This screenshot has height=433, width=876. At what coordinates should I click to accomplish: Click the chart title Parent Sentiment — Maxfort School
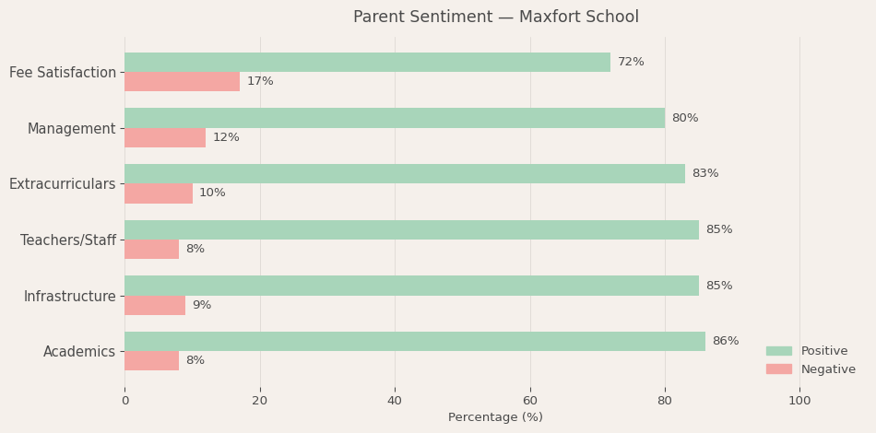(x=495, y=18)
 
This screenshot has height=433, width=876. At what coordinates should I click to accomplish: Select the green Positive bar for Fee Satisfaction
(x=367, y=62)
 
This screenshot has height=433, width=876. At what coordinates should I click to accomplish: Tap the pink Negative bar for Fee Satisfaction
(x=182, y=82)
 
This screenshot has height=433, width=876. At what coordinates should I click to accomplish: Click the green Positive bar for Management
(x=394, y=118)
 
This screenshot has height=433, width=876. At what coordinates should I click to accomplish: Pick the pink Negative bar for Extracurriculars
(x=159, y=193)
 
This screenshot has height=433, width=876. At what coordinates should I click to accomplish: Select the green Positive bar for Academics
(x=414, y=341)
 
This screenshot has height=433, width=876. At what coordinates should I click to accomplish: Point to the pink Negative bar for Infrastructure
(x=155, y=305)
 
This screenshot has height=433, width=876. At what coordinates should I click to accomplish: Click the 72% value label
(x=631, y=62)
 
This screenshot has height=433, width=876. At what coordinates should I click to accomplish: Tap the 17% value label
(x=260, y=82)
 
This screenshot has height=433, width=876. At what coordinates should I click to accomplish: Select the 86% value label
(x=725, y=341)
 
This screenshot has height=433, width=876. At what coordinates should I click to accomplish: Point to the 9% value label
(x=201, y=305)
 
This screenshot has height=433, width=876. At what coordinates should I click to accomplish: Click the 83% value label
(x=704, y=173)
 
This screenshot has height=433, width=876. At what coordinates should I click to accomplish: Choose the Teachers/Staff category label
(x=68, y=240)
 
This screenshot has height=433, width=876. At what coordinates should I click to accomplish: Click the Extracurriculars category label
(x=63, y=184)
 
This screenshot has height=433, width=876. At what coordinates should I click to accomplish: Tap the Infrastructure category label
(x=70, y=297)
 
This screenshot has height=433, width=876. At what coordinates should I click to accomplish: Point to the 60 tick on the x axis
(x=529, y=401)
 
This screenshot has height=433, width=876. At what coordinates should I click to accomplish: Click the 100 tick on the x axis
(x=799, y=401)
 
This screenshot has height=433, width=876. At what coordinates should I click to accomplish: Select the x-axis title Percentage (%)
(x=495, y=417)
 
